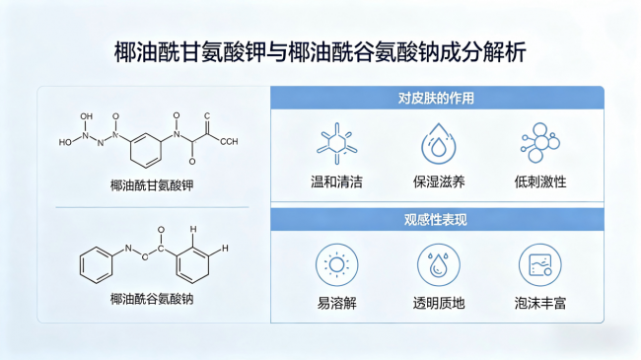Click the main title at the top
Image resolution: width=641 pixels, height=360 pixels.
point(320,52)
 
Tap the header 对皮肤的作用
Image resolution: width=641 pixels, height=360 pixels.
point(436,99)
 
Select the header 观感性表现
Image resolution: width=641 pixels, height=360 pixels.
point(435,220)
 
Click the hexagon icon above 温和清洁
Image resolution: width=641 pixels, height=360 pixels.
point(337,144)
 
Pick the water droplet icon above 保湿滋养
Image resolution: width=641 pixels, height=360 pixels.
point(438,144)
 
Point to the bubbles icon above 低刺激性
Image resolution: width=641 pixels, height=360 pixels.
point(540,143)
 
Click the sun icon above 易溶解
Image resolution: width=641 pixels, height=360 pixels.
point(337,264)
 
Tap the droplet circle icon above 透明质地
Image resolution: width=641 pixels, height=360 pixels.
point(438,264)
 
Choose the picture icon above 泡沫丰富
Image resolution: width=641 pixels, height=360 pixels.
point(540,264)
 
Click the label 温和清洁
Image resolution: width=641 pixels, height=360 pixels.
point(336,181)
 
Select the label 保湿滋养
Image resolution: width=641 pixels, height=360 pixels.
point(439,181)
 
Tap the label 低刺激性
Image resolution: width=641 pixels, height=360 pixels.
point(540,181)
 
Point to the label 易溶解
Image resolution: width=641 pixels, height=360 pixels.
point(337,303)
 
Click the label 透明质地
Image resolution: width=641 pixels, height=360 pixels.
point(439,303)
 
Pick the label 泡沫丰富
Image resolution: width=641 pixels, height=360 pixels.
point(540,303)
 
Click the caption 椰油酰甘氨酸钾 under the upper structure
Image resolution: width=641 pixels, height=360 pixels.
point(152,185)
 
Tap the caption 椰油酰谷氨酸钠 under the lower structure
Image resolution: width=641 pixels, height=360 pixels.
point(152,299)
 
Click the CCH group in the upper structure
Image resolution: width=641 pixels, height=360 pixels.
point(229,142)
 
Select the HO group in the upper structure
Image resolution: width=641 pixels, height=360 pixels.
point(65,142)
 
